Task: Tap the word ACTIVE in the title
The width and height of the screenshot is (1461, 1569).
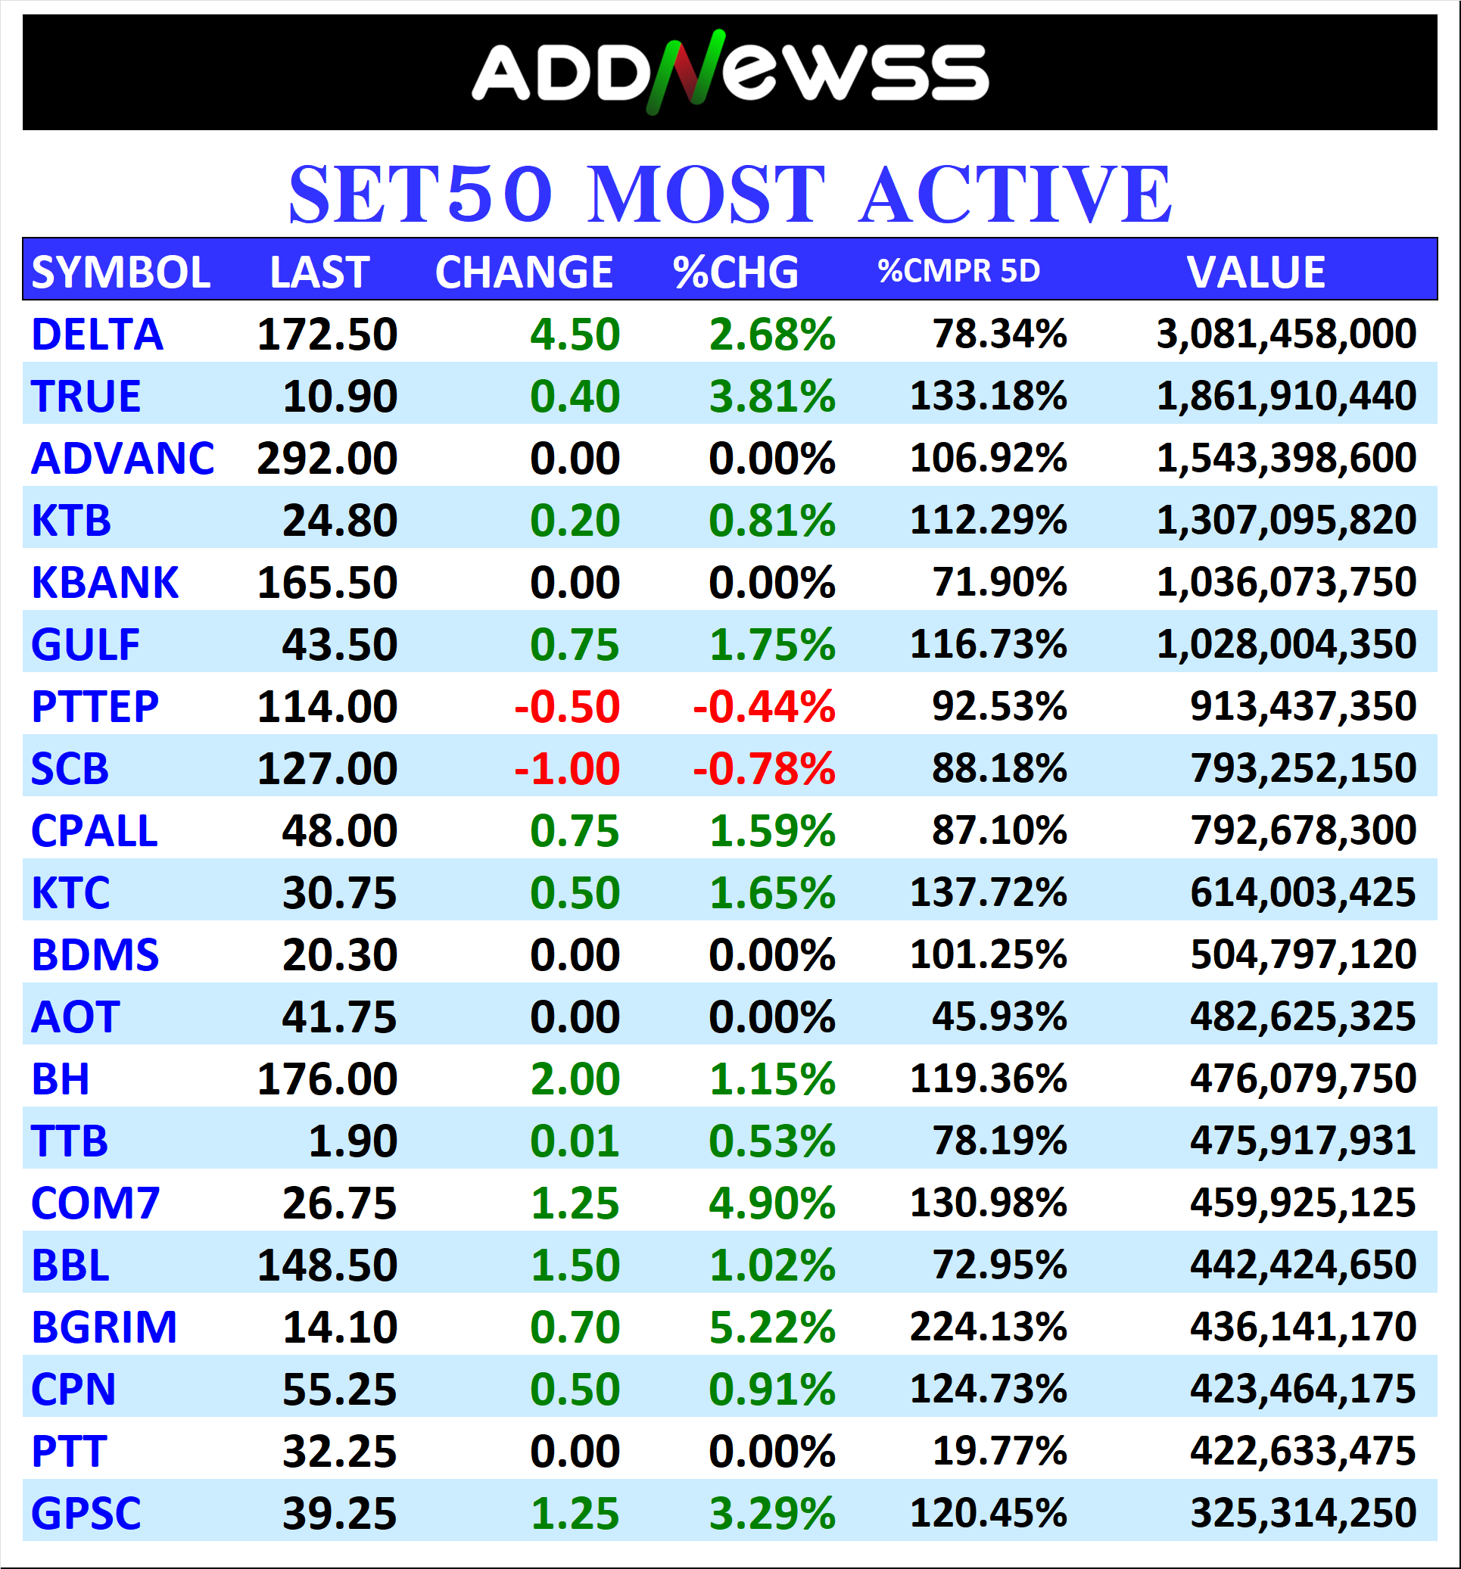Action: [x=1015, y=195]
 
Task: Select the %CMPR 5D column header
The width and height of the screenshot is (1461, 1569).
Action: [x=958, y=272]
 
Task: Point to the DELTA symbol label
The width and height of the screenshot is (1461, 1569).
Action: [x=97, y=335]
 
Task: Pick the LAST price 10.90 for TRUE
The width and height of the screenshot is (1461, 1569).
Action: [x=339, y=396]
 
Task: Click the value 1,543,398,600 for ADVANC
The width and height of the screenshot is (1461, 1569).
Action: [x=1286, y=459]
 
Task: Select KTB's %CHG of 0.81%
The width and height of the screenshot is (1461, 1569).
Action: [x=771, y=521]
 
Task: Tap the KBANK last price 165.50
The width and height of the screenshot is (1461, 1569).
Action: [x=327, y=583]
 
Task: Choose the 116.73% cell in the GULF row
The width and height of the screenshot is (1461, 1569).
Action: [x=987, y=644]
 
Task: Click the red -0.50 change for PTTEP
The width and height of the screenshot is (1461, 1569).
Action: [x=567, y=706]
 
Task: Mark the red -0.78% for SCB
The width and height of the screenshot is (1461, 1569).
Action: [x=763, y=769]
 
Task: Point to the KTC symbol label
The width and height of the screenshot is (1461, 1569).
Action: [x=70, y=892]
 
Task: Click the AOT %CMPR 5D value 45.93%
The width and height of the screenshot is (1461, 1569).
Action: [x=998, y=1016]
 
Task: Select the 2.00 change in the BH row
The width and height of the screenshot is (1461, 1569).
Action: [x=575, y=1079]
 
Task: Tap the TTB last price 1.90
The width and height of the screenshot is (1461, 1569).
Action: [x=352, y=1141]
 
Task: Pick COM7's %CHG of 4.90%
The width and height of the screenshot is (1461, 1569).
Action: [x=771, y=1203]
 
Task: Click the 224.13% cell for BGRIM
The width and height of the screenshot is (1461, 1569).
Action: [x=987, y=1327]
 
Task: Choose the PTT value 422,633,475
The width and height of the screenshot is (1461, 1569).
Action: [x=1302, y=1451]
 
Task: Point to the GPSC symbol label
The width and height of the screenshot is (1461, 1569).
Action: [x=86, y=1513]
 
